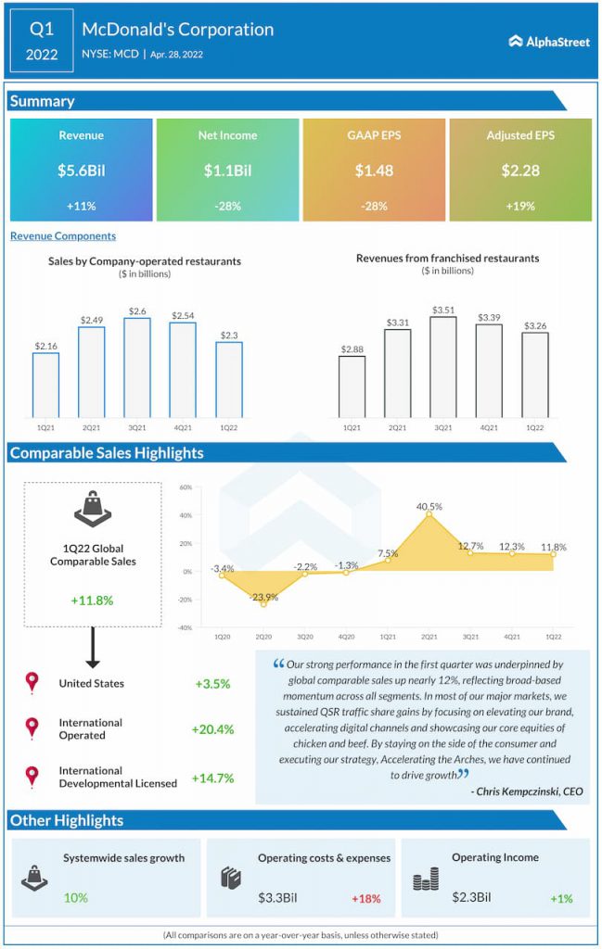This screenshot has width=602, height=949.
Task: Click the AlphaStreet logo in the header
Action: click(549, 42)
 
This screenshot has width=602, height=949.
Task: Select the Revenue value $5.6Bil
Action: click(81, 171)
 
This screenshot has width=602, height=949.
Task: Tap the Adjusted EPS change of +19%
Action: click(520, 207)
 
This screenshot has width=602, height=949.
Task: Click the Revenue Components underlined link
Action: click(63, 236)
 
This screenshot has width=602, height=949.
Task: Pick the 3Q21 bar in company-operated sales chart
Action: click(137, 367)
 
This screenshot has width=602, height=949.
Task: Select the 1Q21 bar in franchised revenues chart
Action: click(352, 386)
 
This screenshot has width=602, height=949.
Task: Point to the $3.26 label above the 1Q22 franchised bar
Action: click(535, 325)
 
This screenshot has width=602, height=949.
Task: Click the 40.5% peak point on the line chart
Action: click(429, 513)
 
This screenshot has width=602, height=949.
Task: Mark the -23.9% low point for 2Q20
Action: click(263, 604)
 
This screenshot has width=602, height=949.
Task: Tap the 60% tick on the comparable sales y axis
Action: click(186, 487)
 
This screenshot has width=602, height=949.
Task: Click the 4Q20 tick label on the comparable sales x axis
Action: click(346, 637)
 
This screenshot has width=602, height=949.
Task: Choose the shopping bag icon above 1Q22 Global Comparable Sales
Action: click(93, 509)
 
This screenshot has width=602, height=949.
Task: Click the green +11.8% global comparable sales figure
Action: click(92, 601)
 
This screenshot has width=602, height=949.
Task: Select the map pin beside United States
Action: click(32, 683)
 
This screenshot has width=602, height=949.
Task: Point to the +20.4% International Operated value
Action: click(212, 729)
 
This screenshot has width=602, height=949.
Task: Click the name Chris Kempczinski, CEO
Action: click(527, 791)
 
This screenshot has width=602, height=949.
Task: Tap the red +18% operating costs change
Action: click(365, 899)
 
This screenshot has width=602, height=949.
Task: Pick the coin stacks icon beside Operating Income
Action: click(426, 879)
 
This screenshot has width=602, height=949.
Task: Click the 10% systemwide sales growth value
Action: click(76, 897)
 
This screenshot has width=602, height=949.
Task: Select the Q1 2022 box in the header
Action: click(42, 41)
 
